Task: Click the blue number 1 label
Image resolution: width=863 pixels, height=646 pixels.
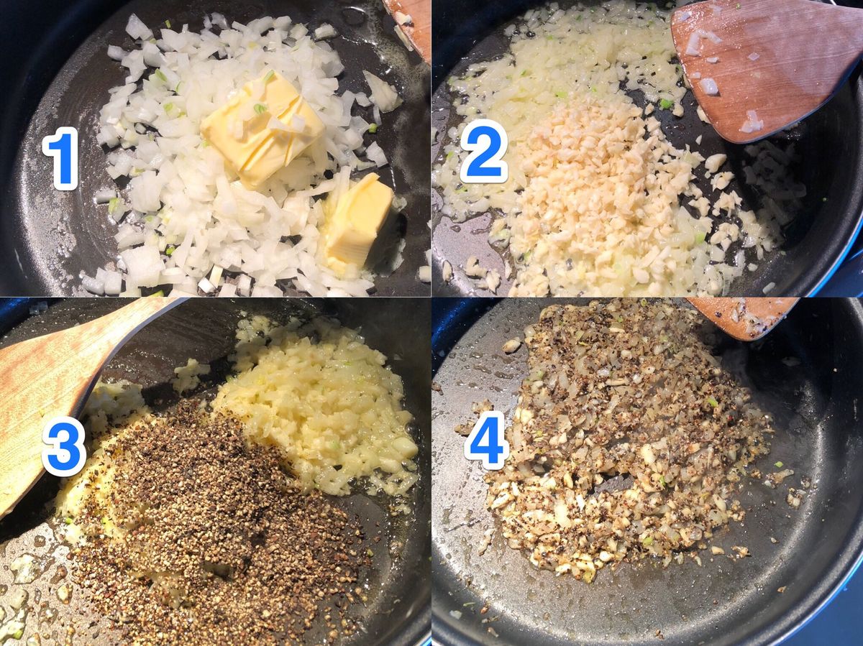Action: pos(60,158)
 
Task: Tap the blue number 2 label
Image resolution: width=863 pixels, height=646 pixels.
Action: pos(483,151)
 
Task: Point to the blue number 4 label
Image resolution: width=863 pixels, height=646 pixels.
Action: pos(485,440)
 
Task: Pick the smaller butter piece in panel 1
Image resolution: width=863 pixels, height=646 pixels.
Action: pos(357,220)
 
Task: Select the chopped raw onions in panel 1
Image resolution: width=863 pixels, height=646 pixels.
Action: pos(236,157)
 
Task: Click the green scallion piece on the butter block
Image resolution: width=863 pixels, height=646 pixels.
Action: pos(260,109)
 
